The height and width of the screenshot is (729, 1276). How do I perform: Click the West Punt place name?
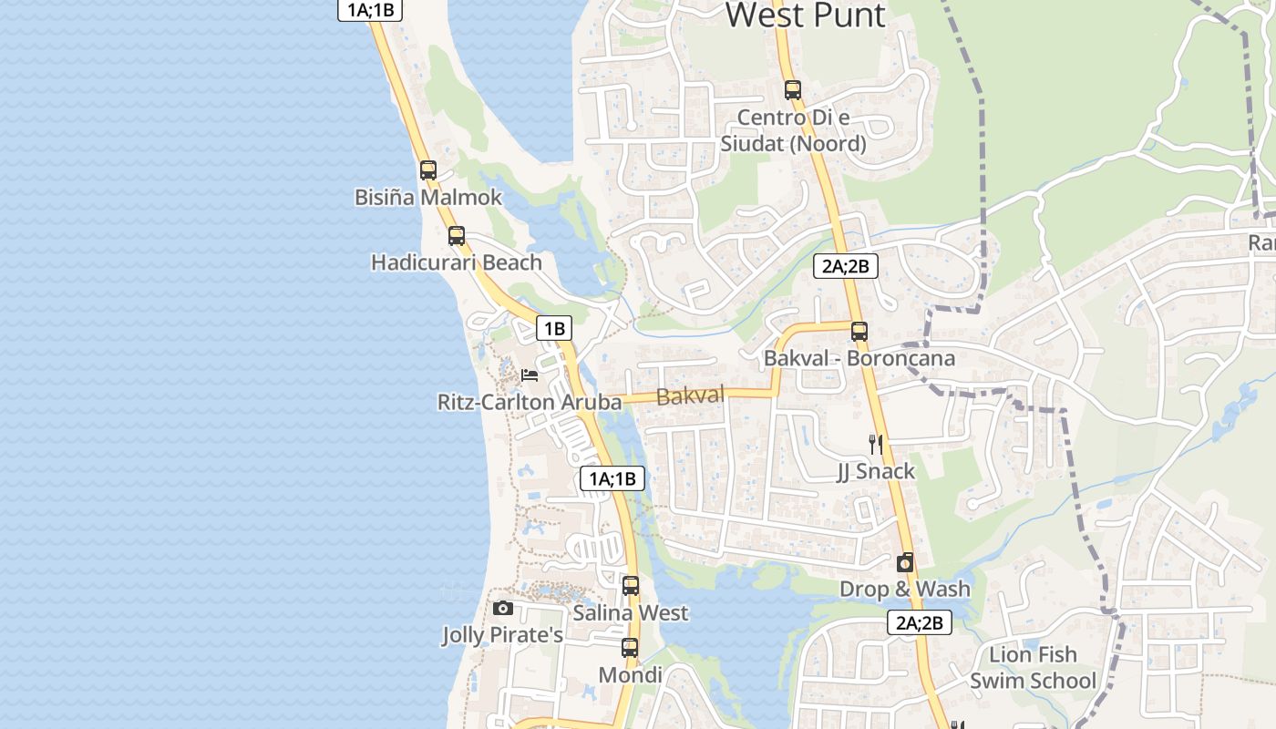pyautogui.click(x=805, y=15)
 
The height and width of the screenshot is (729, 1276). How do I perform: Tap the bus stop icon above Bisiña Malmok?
pyautogui.click(x=428, y=170)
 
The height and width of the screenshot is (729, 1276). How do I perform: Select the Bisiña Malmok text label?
pyautogui.click(x=428, y=197)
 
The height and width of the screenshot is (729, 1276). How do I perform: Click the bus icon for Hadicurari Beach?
pyautogui.click(x=457, y=236)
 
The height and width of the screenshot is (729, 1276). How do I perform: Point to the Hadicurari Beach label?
pyautogui.click(x=457, y=262)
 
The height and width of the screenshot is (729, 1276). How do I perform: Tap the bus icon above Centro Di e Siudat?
pyautogui.click(x=793, y=90)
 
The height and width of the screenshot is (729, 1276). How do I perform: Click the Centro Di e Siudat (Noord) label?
pyautogui.click(x=793, y=130)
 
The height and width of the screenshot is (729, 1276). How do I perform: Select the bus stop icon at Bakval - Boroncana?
pyautogui.click(x=859, y=332)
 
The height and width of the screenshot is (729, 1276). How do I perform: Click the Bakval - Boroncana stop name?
pyautogui.click(x=859, y=358)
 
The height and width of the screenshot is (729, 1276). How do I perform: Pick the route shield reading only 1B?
pyautogui.click(x=553, y=329)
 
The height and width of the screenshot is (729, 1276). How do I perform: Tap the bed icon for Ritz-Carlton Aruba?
pyautogui.click(x=530, y=375)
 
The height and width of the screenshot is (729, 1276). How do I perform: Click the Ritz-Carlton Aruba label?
pyautogui.click(x=530, y=402)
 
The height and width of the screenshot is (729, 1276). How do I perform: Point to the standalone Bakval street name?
pyautogui.click(x=690, y=395)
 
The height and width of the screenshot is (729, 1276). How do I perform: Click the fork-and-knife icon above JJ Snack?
pyautogui.click(x=876, y=445)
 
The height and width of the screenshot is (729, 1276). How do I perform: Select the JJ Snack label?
pyautogui.click(x=876, y=471)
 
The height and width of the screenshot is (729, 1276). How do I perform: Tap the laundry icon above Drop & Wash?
pyautogui.click(x=904, y=563)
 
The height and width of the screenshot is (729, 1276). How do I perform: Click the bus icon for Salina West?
pyautogui.click(x=631, y=586)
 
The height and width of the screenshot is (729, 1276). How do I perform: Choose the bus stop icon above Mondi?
pyautogui.click(x=630, y=648)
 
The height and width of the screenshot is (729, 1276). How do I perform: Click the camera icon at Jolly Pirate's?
pyautogui.click(x=502, y=608)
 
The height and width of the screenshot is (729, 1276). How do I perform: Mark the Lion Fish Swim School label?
pyautogui.click(x=1033, y=668)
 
